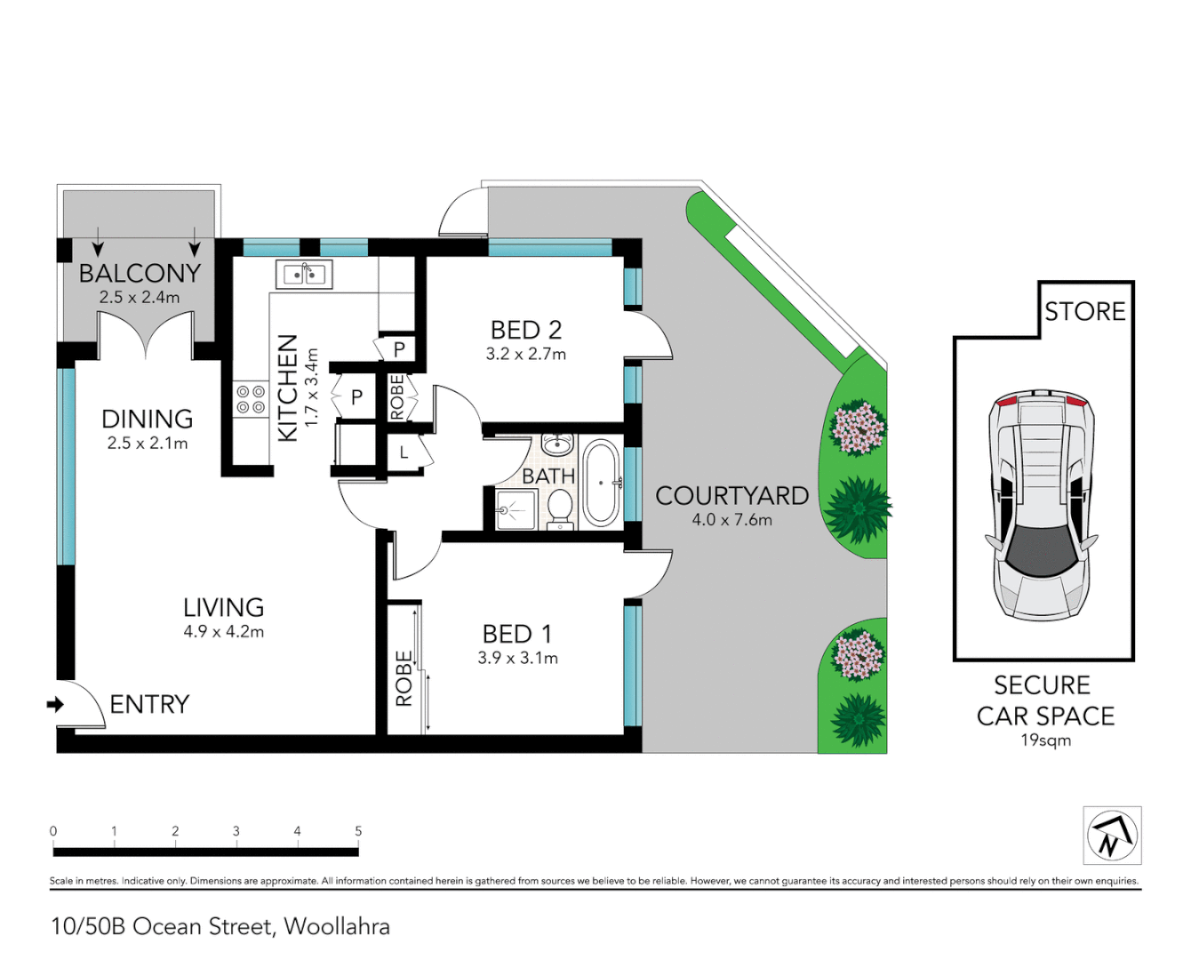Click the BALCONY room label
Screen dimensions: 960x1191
click(140, 273)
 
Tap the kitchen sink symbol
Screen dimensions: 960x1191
click(304, 275)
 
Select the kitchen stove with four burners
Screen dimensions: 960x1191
click(251, 399)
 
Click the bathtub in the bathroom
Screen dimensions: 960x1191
click(601, 483)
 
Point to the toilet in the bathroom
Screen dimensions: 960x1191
click(559, 508)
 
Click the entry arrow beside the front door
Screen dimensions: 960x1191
click(55, 704)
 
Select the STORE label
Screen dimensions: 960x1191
click(1084, 311)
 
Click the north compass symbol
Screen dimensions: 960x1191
click(1112, 836)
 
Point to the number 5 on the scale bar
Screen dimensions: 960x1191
click(358, 831)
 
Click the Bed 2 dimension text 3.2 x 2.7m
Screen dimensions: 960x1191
click(525, 354)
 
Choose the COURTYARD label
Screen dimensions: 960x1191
click(731, 496)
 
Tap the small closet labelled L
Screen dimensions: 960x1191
click(403, 452)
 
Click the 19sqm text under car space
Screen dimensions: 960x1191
click(1045, 740)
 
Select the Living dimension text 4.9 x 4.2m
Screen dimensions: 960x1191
click(223, 632)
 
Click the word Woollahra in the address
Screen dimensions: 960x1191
click(337, 926)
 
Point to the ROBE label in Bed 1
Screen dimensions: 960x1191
click(404, 678)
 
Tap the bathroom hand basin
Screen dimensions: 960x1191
click(557, 444)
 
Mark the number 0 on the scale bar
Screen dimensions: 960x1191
click(53, 831)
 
